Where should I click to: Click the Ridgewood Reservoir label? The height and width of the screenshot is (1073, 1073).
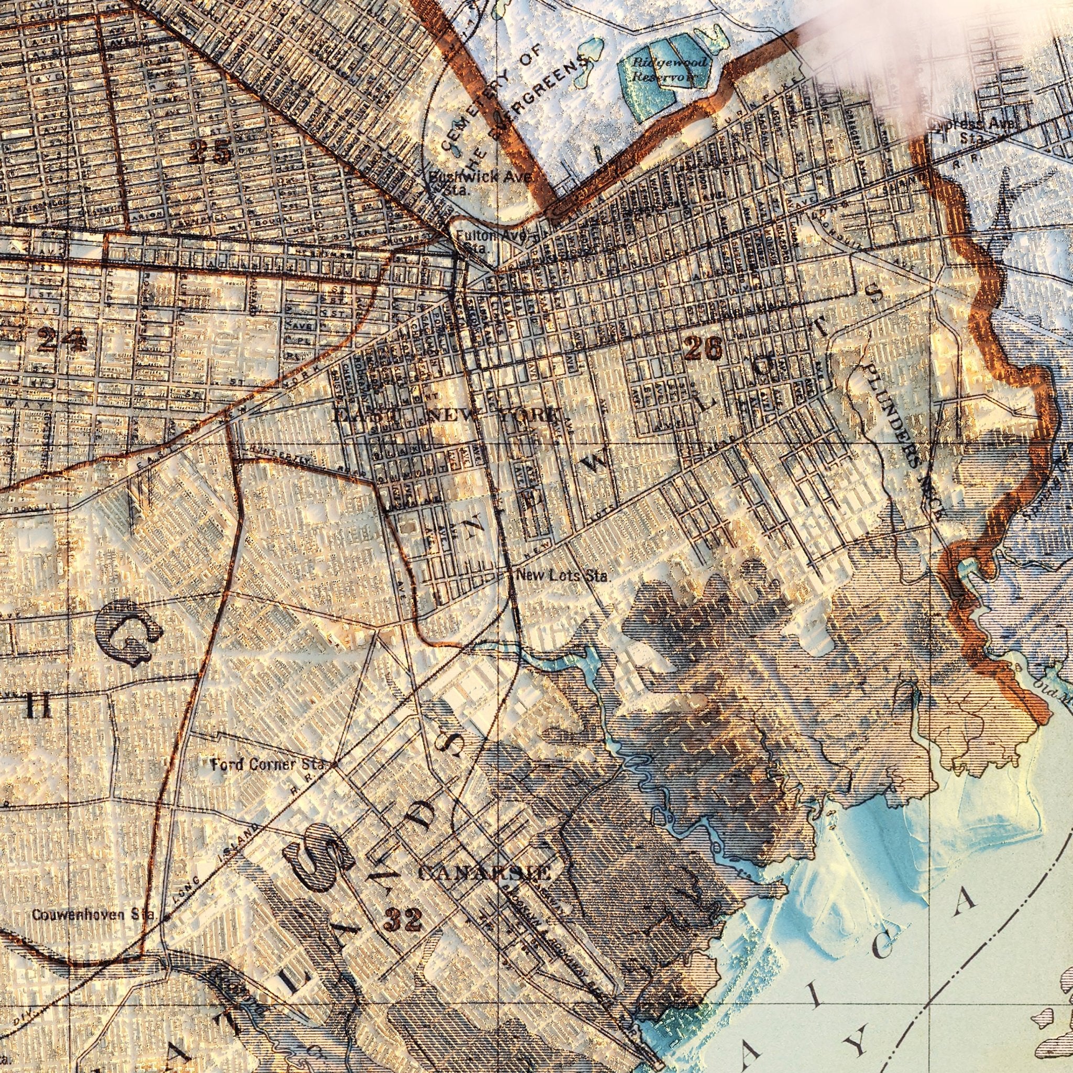point(669,69)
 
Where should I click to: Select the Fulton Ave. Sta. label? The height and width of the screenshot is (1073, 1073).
point(489,241)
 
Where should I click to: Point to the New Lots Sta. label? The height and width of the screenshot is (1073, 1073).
point(563,576)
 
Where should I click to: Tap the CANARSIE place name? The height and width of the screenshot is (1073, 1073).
point(484,872)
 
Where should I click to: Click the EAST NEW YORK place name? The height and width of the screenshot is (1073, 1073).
point(444,415)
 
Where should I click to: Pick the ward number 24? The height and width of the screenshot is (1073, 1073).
point(62,340)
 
